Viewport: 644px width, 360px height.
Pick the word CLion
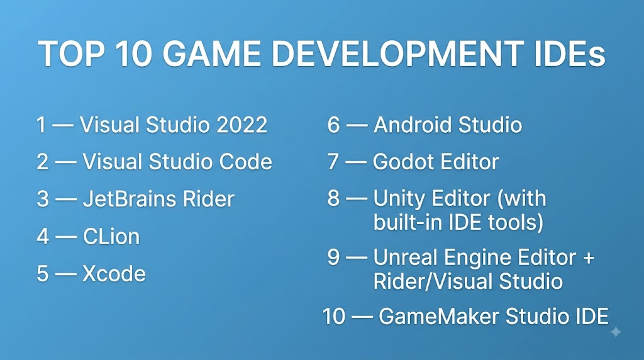[x=111, y=237]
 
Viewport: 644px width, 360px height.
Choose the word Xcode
[x=114, y=274]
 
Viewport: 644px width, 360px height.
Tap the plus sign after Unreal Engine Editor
[x=589, y=258]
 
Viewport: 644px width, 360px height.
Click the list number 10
[x=334, y=317]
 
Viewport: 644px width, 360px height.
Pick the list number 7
[x=333, y=162]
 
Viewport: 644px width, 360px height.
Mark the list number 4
[x=43, y=237]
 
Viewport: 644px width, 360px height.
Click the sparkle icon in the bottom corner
[x=616, y=332]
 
